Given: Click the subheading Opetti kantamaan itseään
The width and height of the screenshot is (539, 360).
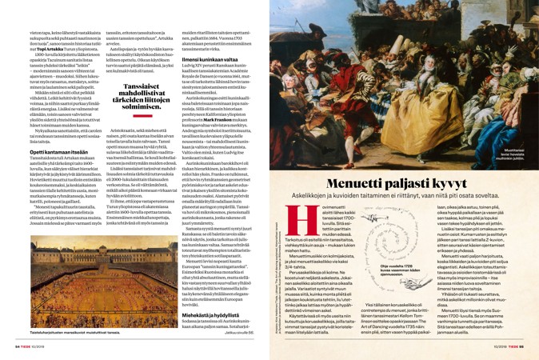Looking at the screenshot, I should coord(50,151).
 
